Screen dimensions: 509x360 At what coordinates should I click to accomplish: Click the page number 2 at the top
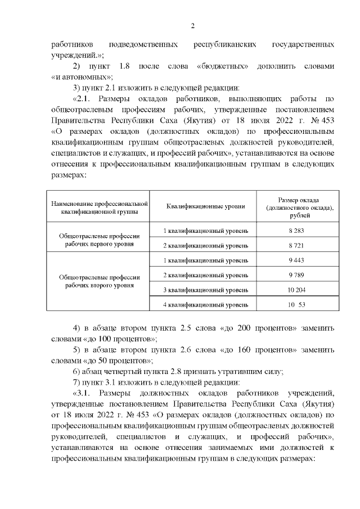pos(192,25)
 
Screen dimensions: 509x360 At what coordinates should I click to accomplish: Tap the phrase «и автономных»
pos(82,76)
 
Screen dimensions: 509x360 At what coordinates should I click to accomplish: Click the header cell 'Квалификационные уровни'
pos(205,206)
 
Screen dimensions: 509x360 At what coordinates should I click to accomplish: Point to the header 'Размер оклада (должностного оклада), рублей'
pos(291,207)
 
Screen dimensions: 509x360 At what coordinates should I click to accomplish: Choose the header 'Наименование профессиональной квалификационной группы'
pos(99,207)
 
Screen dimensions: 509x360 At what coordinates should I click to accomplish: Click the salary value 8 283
pos(291,231)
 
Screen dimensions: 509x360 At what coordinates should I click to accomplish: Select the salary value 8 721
pos(291,246)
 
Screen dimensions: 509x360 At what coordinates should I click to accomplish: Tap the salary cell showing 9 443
pos(291,260)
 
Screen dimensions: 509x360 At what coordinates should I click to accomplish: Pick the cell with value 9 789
pos(291,275)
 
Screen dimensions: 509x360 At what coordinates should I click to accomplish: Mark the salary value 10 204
pos(291,290)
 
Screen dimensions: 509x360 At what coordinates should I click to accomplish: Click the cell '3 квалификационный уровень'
pos(205,290)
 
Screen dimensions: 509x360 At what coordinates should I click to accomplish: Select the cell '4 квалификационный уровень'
pos(205,304)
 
